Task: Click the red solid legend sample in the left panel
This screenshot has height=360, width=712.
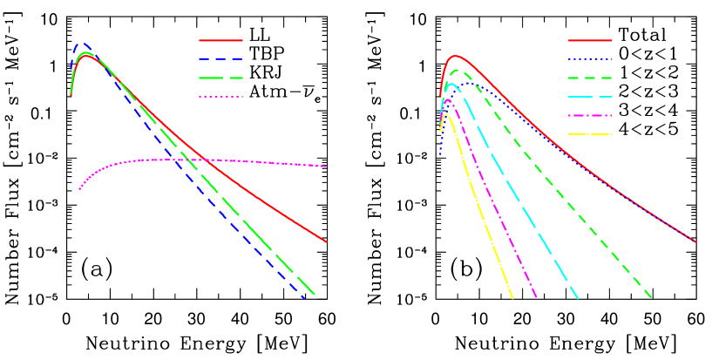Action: (x=220, y=40)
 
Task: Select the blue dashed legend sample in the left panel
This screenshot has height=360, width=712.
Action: (x=220, y=59)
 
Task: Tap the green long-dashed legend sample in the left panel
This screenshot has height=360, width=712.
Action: (x=220, y=78)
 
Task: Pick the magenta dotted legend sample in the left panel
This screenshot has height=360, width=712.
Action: (x=220, y=97)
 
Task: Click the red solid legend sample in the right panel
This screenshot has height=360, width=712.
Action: (x=590, y=40)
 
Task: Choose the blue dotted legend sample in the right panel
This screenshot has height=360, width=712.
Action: (x=590, y=59)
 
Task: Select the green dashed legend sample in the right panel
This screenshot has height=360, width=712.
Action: (x=590, y=78)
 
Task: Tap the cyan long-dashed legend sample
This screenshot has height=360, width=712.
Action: (x=590, y=97)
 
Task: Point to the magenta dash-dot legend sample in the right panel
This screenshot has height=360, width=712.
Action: (x=590, y=115)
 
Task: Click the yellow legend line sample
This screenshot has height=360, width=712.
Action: (x=590, y=134)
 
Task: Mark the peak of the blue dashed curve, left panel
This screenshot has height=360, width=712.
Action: (x=82, y=44)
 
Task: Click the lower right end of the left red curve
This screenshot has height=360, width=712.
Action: (x=327, y=242)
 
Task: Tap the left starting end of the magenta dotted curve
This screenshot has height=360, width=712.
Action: (x=79, y=188)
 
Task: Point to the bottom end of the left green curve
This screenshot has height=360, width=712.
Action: (x=314, y=295)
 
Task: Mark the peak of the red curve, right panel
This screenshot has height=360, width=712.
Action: (x=455, y=56)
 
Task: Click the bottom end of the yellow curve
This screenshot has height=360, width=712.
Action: (x=513, y=298)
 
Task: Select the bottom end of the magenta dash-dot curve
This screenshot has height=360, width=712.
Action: (x=537, y=298)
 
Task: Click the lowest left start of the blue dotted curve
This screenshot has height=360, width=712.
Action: (x=440, y=153)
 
